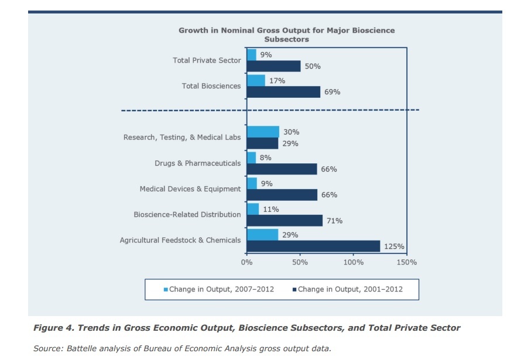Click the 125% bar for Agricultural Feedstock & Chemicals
coord(313,246)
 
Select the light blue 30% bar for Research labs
coord(263,132)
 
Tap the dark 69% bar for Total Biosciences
coord(283,92)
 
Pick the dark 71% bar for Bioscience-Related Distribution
coord(285,221)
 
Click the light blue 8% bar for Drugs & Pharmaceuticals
coord(251,157)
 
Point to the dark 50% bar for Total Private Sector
coord(273,66)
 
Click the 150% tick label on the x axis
coord(406,262)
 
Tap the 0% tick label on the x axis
coord(246,262)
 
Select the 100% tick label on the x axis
coord(353,262)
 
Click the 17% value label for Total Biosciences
coord(278,81)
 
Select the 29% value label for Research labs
coord(290,143)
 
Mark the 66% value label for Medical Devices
coord(329,195)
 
